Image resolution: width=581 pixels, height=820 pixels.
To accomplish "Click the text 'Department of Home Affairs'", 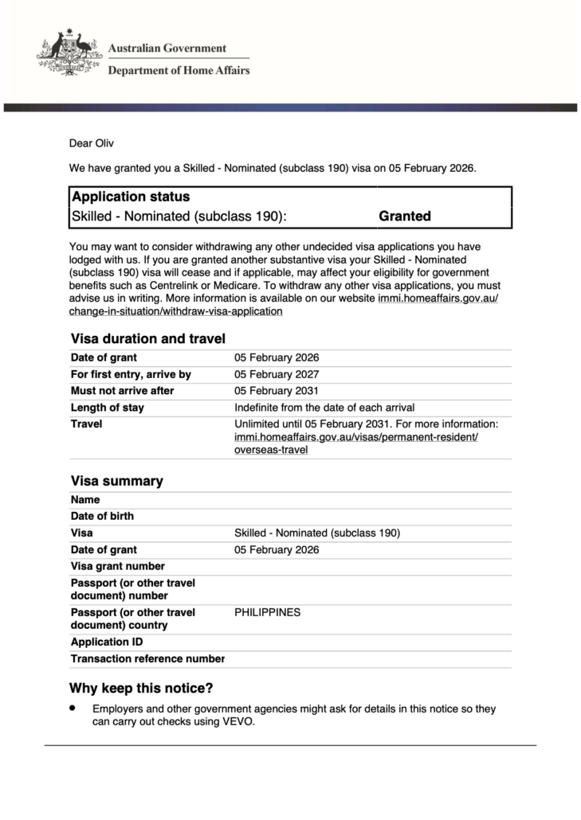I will pos(179,70).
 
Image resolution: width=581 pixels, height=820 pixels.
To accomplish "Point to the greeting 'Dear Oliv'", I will pos(92,144).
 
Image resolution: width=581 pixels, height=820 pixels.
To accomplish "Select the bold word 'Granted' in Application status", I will pos(405,216).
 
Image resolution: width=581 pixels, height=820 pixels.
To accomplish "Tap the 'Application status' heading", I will pos(131,197).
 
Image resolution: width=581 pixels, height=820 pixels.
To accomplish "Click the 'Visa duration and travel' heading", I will pos(148,338).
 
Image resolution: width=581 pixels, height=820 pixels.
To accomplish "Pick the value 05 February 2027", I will pos(277,374).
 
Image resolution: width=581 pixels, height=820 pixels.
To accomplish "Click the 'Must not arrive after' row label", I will pos(122,391).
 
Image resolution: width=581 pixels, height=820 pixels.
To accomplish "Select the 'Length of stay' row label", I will pos(108,408).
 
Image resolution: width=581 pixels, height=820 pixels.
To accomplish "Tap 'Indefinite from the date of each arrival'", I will pos(324,408).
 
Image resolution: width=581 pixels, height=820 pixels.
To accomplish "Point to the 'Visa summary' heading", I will pos(117,481).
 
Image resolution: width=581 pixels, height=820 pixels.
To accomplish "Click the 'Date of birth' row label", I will pos(102,516).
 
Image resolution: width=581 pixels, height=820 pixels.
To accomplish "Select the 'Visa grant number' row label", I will pos(118,566).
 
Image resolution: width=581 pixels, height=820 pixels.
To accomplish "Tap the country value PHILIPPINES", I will pos(268,612).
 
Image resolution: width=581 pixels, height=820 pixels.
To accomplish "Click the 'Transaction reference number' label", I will pos(147,658).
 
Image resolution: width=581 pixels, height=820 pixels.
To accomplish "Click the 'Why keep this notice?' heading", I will pos(141,688).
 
